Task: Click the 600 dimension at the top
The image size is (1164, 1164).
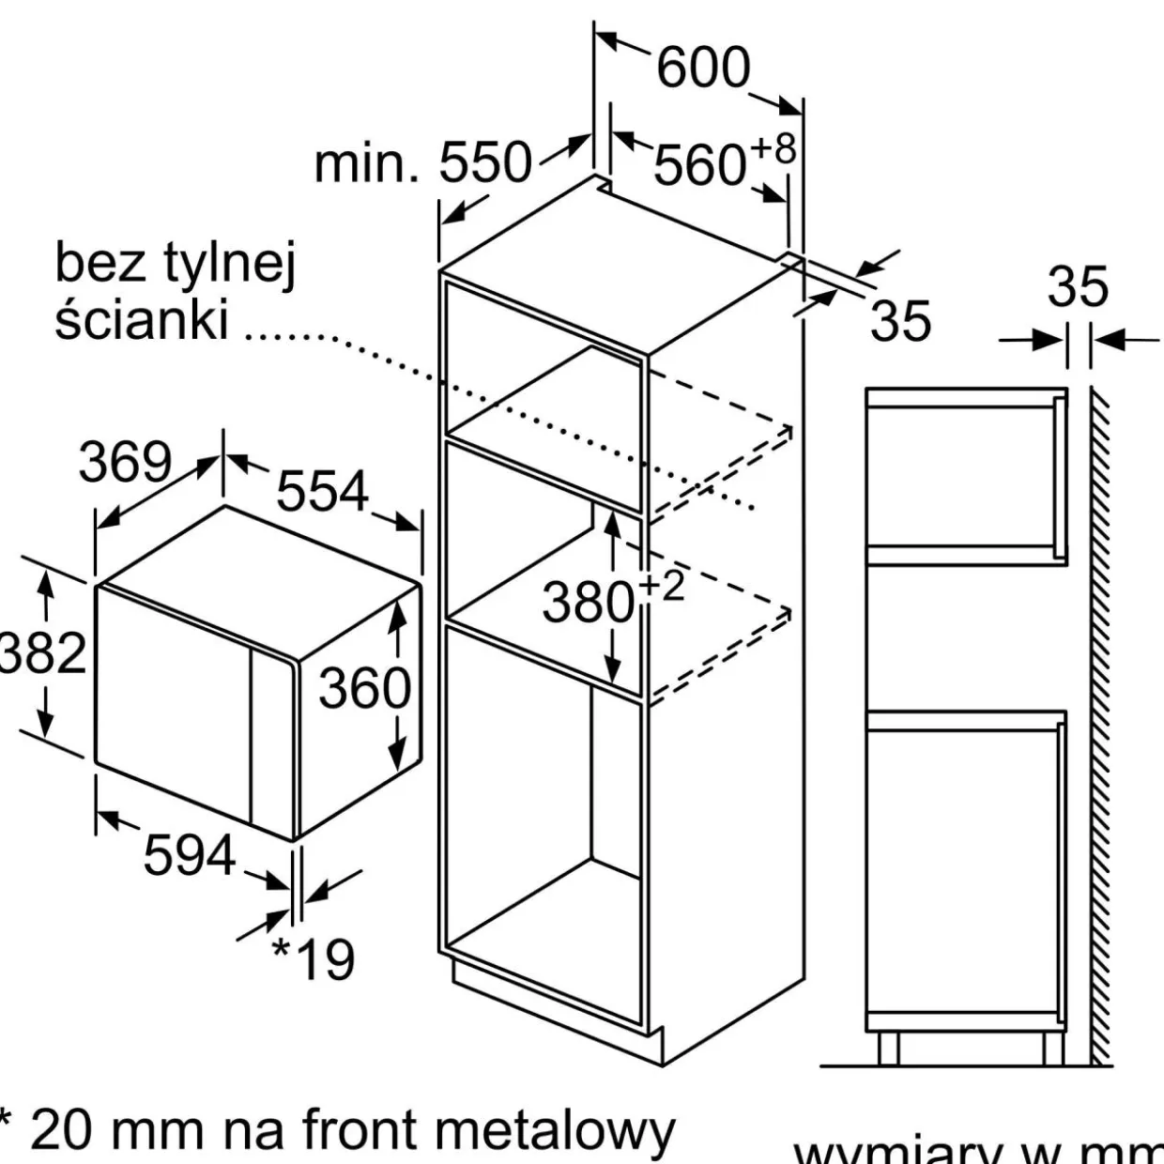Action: (703, 68)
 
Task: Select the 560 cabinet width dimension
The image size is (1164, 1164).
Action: (699, 166)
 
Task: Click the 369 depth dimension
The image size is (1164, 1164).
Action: (126, 462)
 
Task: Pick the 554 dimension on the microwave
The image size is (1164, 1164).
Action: (322, 491)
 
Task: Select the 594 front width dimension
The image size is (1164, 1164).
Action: (189, 855)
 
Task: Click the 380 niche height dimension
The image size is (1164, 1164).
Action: (589, 602)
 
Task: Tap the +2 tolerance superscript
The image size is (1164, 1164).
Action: (662, 586)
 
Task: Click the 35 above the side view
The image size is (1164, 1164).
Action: (1078, 286)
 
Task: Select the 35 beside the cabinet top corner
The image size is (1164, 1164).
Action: (900, 321)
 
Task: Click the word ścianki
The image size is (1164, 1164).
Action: (142, 319)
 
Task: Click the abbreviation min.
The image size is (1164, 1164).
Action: (365, 163)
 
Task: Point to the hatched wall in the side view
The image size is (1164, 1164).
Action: (1101, 723)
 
